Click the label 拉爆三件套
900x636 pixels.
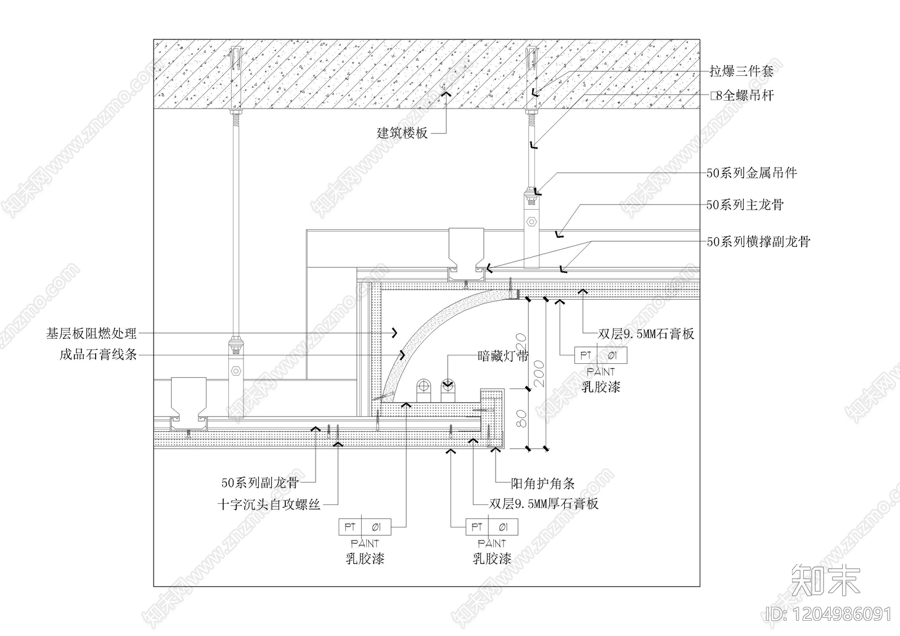[x=741, y=71]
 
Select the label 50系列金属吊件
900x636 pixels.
[x=751, y=173]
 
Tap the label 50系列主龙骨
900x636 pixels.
[x=745, y=205]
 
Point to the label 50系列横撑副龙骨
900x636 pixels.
[x=758, y=242]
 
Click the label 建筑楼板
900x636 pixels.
[x=402, y=133]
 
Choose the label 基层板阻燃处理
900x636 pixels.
[x=92, y=333]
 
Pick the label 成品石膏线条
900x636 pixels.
[x=98, y=355]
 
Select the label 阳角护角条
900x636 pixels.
[x=542, y=483]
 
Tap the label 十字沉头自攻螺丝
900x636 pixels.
[x=269, y=504]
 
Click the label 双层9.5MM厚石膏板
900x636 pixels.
[x=543, y=504]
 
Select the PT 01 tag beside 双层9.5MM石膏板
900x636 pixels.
[x=600, y=355]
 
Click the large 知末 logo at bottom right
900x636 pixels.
[x=826, y=580]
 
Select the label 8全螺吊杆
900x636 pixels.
[x=742, y=96]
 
